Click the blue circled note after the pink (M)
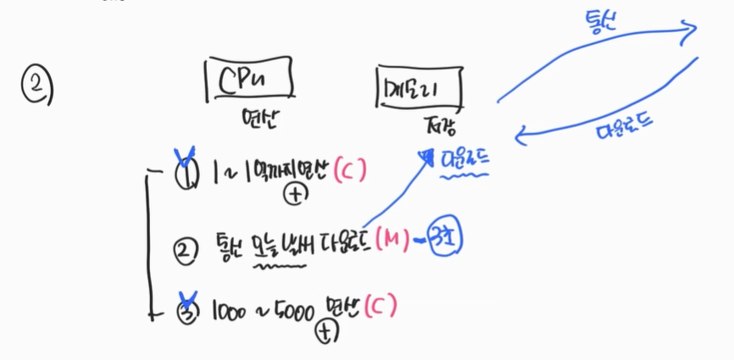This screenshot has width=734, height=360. (x=445, y=239)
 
